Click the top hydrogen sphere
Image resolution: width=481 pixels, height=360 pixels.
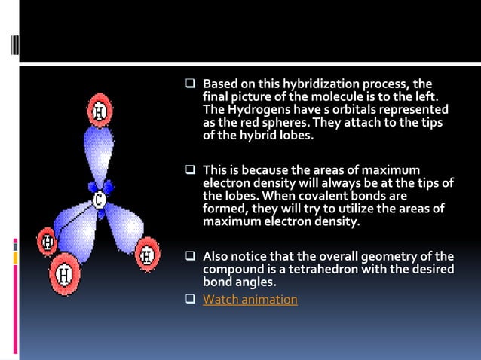[99, 111]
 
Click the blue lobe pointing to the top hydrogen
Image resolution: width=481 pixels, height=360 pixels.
[99, 151]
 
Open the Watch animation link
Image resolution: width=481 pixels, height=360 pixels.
[250, 300]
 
